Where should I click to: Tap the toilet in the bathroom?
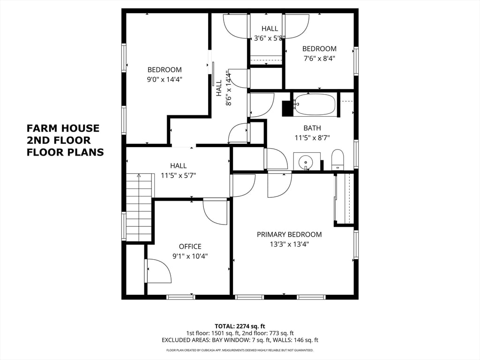[338, 159]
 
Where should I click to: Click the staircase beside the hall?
[139, 208]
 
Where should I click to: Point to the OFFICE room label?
[190, 247]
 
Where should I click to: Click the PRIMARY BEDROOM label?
[289, 234]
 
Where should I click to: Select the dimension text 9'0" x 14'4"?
[165, 80]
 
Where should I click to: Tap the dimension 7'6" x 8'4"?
[319, 59]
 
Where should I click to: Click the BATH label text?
[312, 128]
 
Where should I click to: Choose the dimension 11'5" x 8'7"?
[312, 138]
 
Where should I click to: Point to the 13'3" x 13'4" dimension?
[289, 244]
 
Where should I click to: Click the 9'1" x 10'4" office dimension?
[190, 256]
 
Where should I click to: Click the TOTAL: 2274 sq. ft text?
[240, 326]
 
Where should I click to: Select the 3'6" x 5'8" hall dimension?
[270, 38]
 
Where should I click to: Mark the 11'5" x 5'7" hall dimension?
[179, 176]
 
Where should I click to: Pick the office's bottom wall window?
[180, 297]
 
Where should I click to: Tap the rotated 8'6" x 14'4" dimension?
[229, 88]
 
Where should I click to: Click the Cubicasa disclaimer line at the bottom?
[240, 350]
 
